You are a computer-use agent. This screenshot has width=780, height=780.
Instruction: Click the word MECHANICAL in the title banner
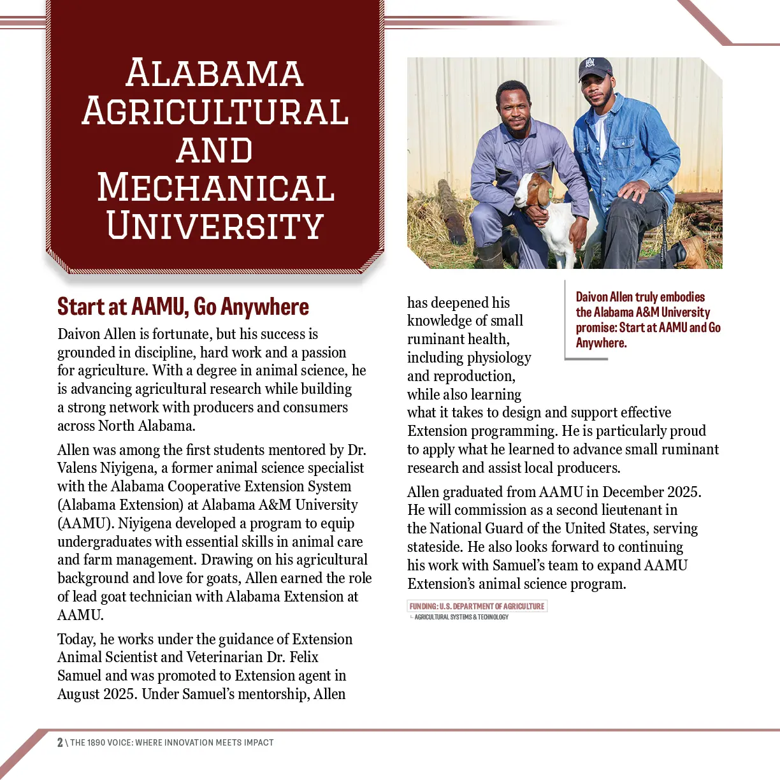[215, 188]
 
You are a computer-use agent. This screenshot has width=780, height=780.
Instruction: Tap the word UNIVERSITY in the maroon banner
[215, 226]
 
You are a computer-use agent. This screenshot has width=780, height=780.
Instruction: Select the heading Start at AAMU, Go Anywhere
[183, 307]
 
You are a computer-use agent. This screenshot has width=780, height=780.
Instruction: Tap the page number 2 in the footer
[60, 742]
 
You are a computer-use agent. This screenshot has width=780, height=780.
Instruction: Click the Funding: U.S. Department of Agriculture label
[477, 606]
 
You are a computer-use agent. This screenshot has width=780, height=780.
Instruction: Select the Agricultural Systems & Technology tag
[461, 617]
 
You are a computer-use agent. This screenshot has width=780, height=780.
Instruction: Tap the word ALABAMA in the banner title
[215, 73]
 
